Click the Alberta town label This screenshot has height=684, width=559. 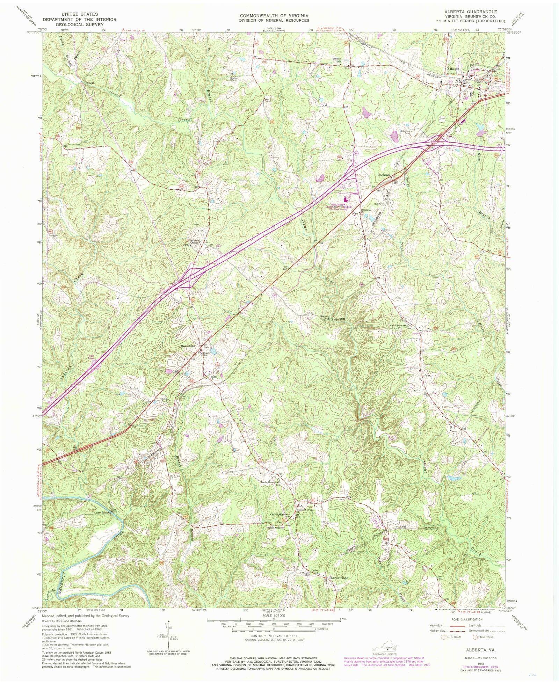coord(453,69)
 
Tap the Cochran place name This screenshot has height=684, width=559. coord(383,175)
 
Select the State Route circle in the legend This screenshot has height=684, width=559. coord(475,647)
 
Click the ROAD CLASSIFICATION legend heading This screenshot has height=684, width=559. coord(467,629)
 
